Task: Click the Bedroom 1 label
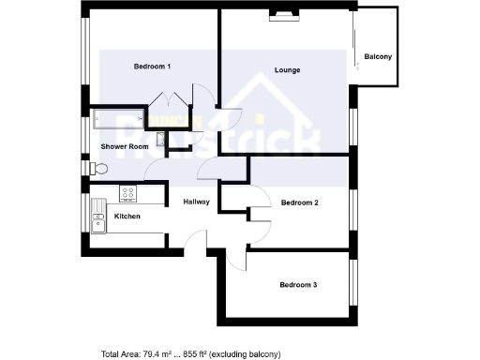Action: pyautogui.click(x=152, y=66)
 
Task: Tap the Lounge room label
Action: pyautogui.click(x=287, y=70)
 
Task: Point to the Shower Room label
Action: pyautogui.click(x=125, y=147)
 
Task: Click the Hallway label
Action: pyautogui.click(x=196, y=202)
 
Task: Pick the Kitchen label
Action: pyautogui.click(x=127, y=217)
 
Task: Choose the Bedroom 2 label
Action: pyautogui.click(x=299, y=202)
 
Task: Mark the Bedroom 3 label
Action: pyautogui.click(x=299, y=284)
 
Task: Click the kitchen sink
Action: pyautogui.click(x=97, y=221)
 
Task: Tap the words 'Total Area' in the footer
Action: pyautogui.click(x=121, y=354)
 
